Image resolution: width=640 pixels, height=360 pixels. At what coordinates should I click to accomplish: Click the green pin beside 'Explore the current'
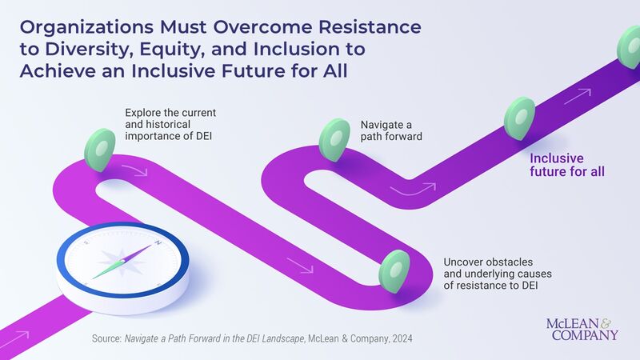click(x=101, y=144)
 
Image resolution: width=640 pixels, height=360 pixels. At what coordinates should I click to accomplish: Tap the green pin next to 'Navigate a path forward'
click(x=335, y=140)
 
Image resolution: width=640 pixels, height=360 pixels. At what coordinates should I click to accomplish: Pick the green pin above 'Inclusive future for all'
click(x=519, y=118)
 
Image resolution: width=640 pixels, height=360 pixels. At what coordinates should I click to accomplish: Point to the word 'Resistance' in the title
click(x=374, y=28)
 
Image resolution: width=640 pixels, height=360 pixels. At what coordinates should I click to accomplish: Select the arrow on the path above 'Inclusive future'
click(x=577, y=98)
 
